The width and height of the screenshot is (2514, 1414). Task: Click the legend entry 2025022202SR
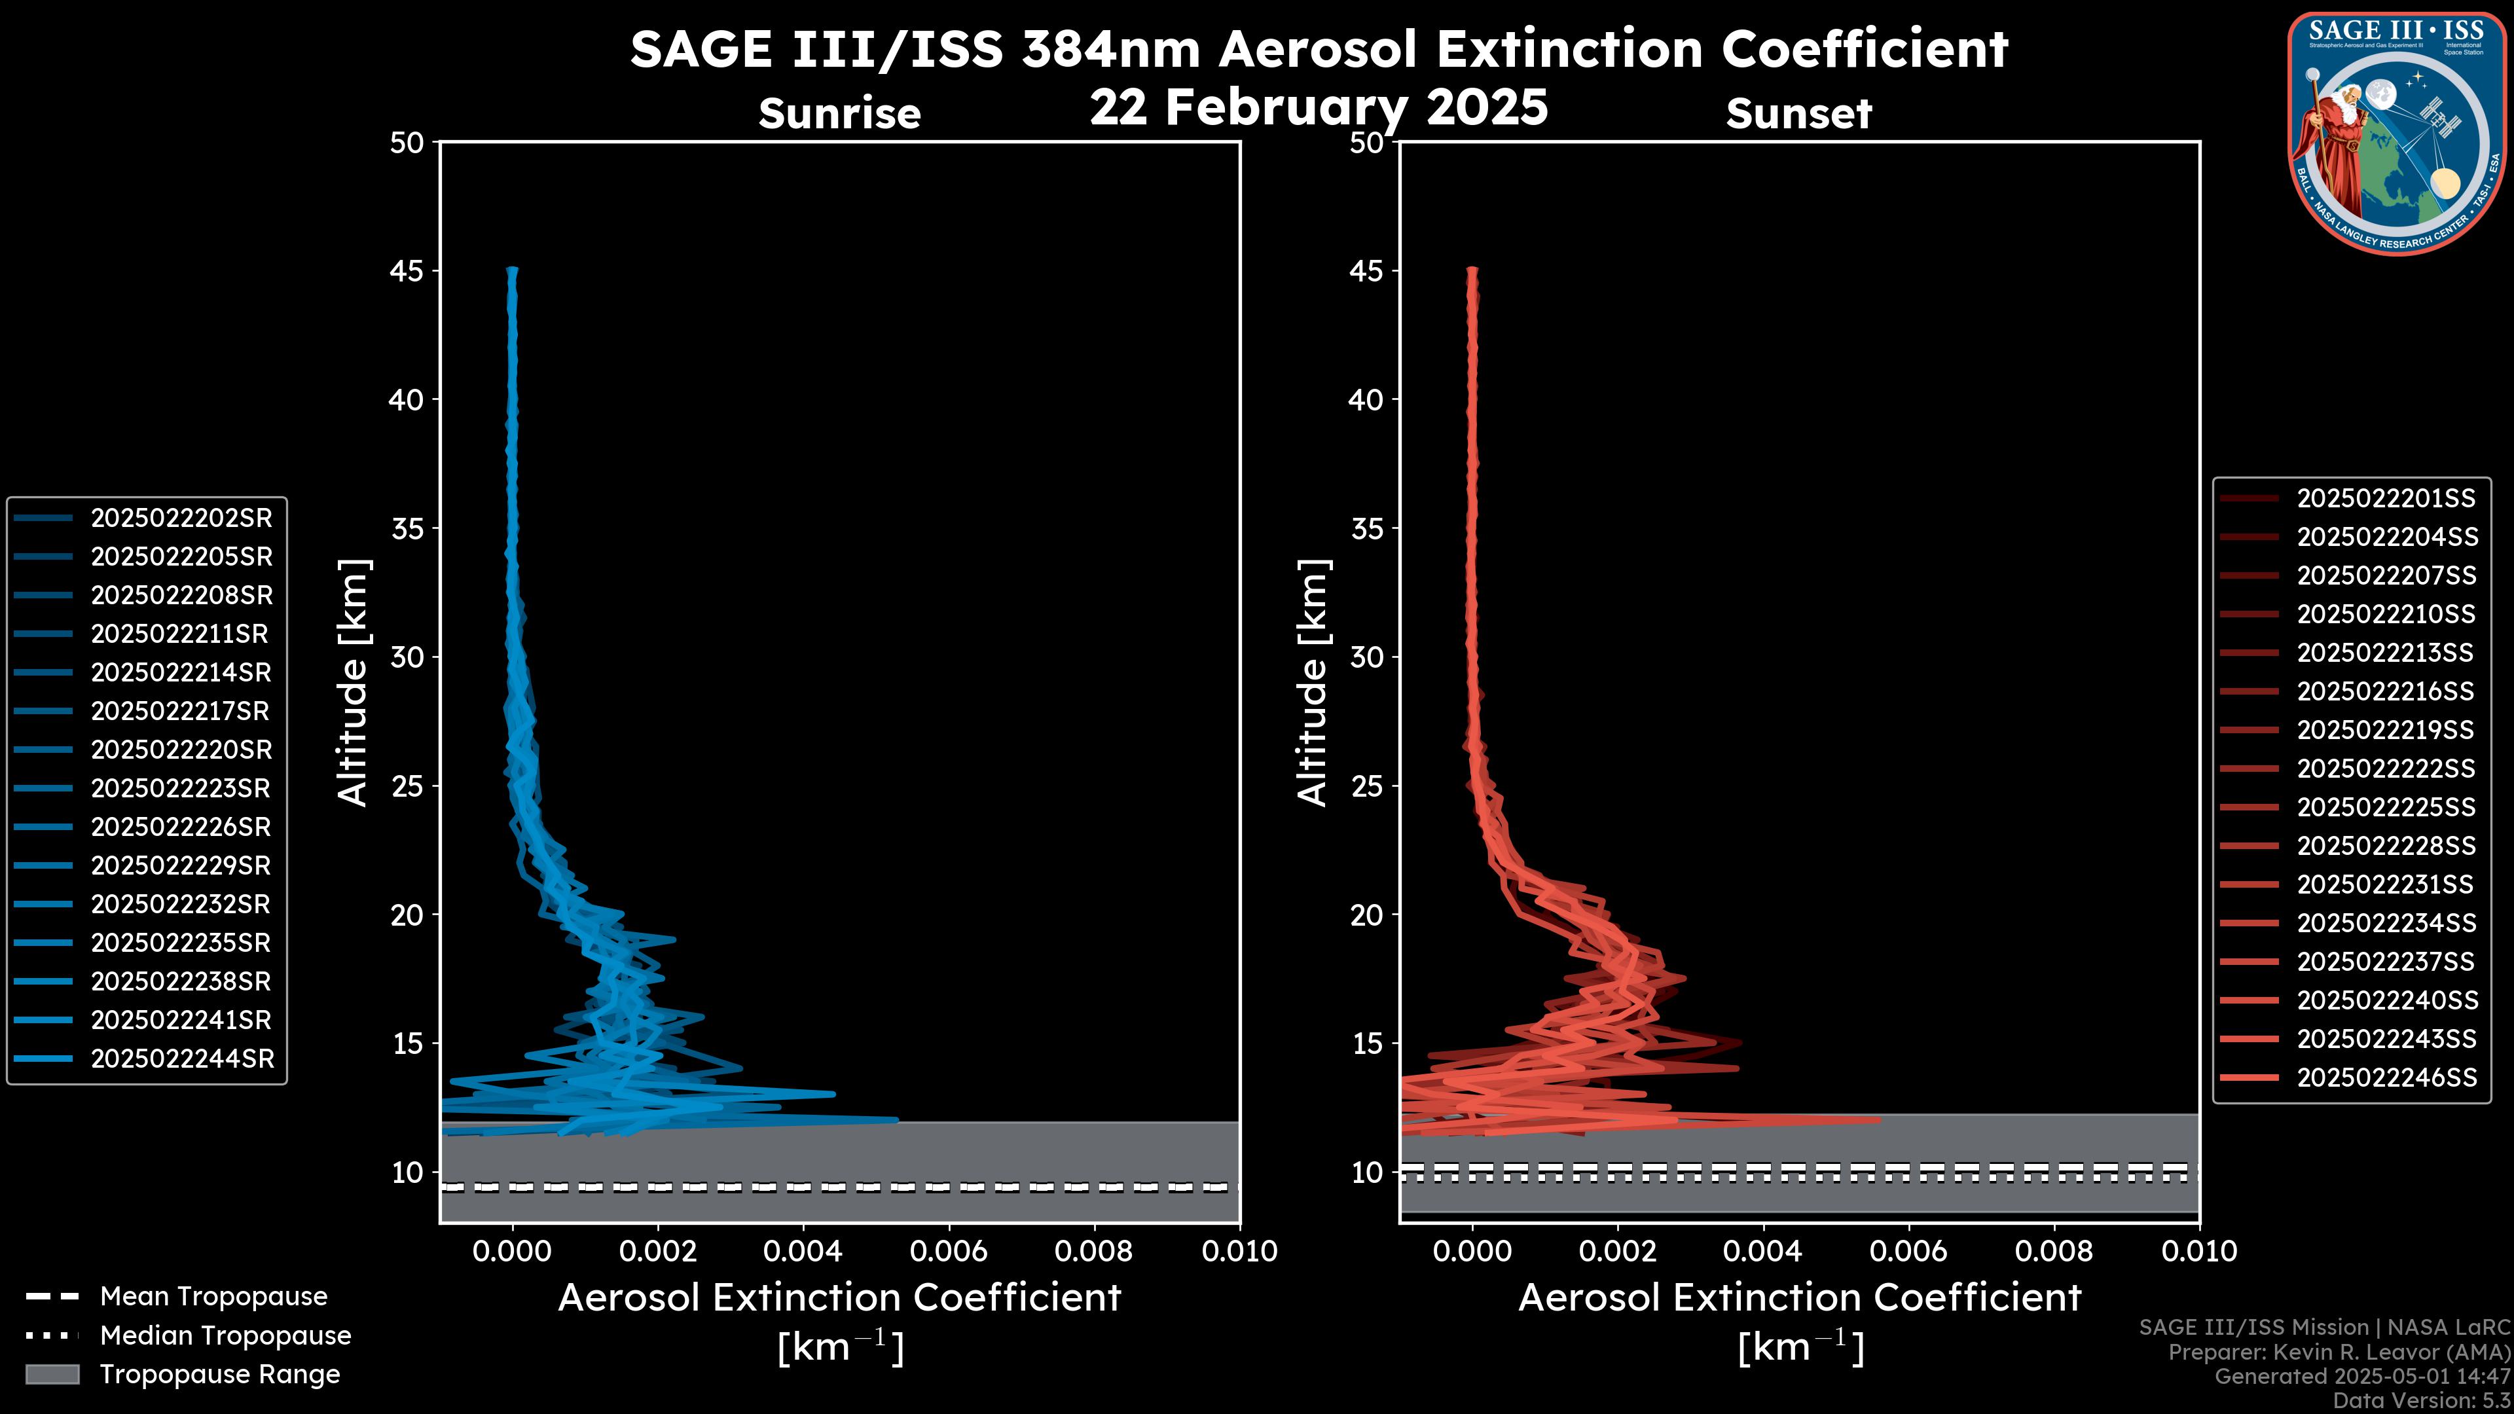pos(181,518)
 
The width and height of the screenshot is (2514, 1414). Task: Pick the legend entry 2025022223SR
pos(181,788)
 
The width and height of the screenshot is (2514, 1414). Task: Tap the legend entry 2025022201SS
pos(2385,499)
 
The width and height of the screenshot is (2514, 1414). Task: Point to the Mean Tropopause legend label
pos(213,1296)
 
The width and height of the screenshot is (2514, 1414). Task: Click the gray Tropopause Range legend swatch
pos(52,1374)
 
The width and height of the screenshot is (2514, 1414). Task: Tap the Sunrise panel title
pos(839,114)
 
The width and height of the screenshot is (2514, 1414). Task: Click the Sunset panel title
pos(1798,114)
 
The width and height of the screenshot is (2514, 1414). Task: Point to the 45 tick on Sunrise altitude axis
pos(408,270)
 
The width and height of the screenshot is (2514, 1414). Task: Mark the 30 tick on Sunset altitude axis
pos(1367,657)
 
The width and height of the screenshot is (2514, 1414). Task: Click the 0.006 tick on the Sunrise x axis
pos(949,1251)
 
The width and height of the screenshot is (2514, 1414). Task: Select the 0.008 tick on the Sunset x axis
pos(2054,1251)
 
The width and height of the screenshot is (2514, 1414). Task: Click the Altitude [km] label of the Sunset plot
pos(1313,682)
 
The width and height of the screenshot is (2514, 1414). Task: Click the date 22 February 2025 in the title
pos(1319,107)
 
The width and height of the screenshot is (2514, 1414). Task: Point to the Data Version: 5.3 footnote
pos(2420,1400)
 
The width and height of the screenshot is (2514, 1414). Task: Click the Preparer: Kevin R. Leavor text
pos(2339,1352)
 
